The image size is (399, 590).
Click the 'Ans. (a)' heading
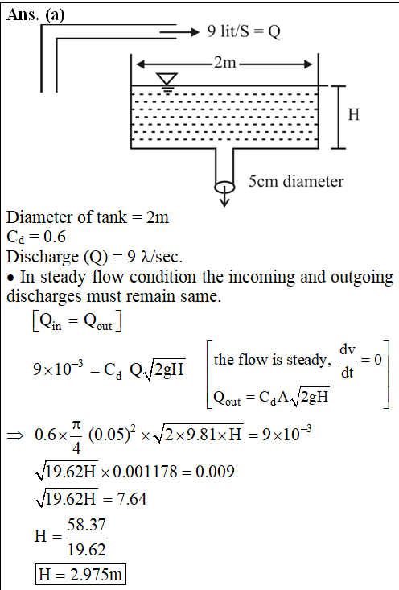pyautogui.click(x=35, y=15)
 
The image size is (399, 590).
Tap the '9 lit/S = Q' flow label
pyautogui.click(x=244, y=31)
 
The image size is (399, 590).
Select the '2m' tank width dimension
pyautogui.click(x=225, y=63)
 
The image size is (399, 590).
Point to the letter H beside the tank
pyautogui.click(x=353, y=114)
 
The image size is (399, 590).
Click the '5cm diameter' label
pyautogui.click(x=296, y=181)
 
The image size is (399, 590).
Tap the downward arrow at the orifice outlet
pyautogui.click(x=224, y=194)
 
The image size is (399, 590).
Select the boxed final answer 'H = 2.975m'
pyautogui.click(x=80, y=574)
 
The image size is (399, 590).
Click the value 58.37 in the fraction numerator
pyautogui.click(x=87, y=525)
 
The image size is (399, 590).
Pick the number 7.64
pyautogui.click(x=132, y=499)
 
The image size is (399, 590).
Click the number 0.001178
pyautogui.click(x=145, y=471)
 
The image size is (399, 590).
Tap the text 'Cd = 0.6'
pyautogui.click(x=36, y=237)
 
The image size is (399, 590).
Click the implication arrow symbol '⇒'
pyautogui.click(x=15, y=435)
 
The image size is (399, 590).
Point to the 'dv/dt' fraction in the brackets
pyautogui.click(x=347, y=361)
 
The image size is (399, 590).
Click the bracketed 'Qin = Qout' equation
pyautogui.click(x=77, y=321)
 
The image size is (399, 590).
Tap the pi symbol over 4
pyautogui.click(x=76, y=425)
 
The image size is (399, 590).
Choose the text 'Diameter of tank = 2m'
pyautogui.click(x=88, y=217)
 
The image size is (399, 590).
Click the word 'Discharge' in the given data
pyautogui.click(x=43, y=258)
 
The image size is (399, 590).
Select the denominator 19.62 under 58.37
pyautogui.click(x=87, y=550)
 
